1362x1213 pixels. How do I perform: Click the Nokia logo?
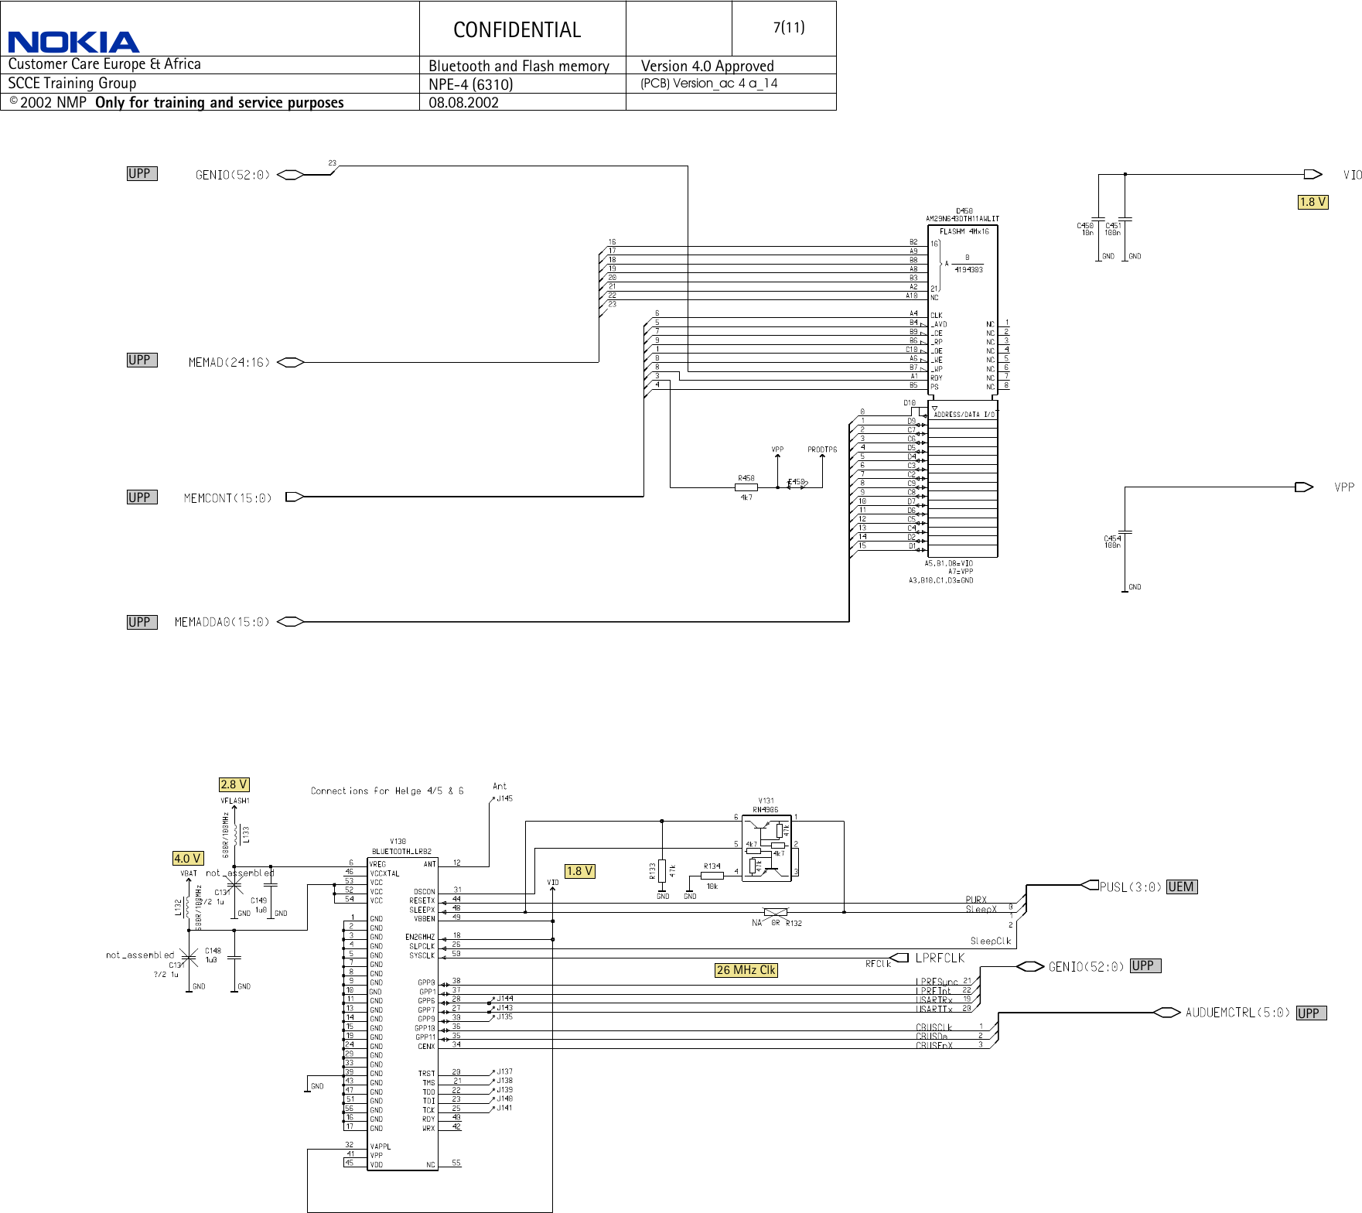pyautogui.click(x=73, y=42)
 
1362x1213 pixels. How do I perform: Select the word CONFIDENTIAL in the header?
pyautogui.click(x=517, y=30)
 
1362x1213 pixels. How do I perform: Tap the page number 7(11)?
pyautogui.click(x=788, y=28)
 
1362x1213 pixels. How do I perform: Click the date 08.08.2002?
pyautogui.click(x=463, y=103)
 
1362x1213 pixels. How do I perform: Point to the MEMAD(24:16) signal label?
pyautogui.click(x=229, y=362)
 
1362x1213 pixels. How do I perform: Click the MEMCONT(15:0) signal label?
pyautogui.click(x=227, y=498)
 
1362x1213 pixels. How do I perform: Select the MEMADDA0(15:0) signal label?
pyautogui.click(x=222, y=622)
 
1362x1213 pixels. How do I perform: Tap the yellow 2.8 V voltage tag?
pyautogui.click(x=234, y=784)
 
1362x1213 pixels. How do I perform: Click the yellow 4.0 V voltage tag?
pyautogui.click(x=187, y=859)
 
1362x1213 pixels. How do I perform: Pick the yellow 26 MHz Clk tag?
pyautogui.click(x=746, y=970)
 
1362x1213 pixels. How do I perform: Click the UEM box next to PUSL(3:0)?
pyautogui.click(x=1181, y=887)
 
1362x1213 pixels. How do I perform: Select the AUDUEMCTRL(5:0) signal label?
pyautogui.click(x=1237, y=1013)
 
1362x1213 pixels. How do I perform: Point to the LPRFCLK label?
pyautogui.click(x=940, y=958)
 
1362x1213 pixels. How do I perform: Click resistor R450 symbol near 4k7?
pyautogui.click(x=746, y=487)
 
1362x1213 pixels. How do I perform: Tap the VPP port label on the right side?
pyautogui.click(x=1344, y=487)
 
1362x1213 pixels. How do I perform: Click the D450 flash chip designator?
pyautogui.click(x=964, y=210)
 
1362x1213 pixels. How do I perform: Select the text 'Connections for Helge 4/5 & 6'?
pyautogui.click(x=387, y=791)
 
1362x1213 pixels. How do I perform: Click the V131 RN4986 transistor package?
pyautogui.click(x=766, y=848)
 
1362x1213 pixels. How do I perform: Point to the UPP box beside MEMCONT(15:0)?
pyautogui.click(x=142, y=497)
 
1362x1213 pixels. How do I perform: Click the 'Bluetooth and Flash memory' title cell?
pyautogui.click(x=518, y=67)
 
